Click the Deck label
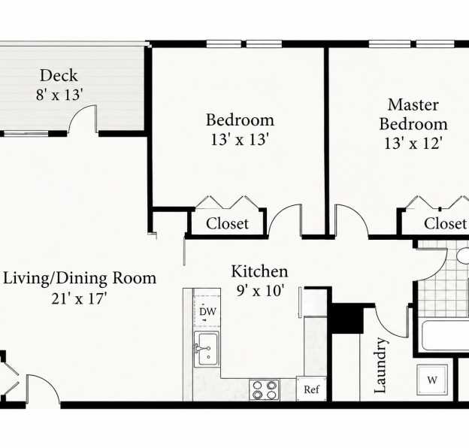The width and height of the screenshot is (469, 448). click(59, 75)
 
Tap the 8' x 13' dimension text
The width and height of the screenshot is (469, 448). click(59, 95)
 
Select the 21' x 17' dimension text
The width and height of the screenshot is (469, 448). click(79, 298)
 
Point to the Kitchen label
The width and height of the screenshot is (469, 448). click(259, 271)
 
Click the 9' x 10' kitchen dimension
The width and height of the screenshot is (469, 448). click(259, 290)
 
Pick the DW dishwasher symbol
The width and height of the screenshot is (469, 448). click(207, 311)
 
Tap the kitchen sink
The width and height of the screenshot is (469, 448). click(207, 349)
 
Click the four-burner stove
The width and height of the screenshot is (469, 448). click(265, 389)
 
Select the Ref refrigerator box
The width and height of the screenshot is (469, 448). click(311, 389)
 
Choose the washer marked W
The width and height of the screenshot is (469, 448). click(432, 380)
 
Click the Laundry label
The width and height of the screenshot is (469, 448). click(380, 365)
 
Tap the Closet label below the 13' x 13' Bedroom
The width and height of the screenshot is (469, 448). click(227, 223)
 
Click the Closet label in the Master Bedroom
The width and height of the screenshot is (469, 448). click(445, 223)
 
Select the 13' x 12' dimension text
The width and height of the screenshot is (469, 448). click(413, 144)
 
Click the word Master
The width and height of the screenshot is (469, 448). click(413, 105)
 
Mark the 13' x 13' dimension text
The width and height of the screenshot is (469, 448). click(240, 139)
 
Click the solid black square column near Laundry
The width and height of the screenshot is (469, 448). click(348, 319)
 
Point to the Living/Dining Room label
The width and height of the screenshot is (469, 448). click(80, 278)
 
